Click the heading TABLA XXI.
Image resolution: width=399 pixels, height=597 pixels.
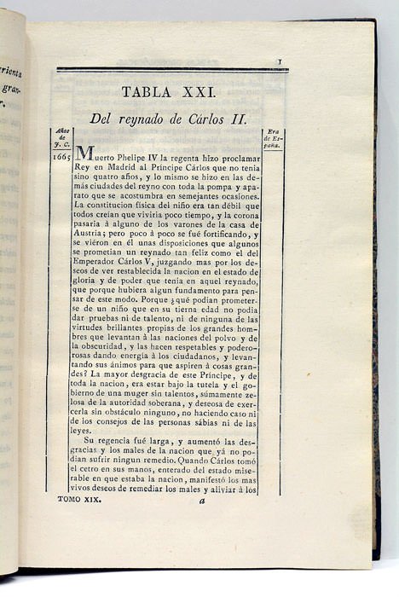[x=168, y=91]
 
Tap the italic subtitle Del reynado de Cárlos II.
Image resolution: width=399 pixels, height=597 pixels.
[x=168, y=119]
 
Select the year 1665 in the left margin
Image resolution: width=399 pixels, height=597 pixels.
[x=61, y=157]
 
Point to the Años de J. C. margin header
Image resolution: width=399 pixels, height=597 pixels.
[x=61, y=139]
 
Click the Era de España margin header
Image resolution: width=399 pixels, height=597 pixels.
[x=273, y=139]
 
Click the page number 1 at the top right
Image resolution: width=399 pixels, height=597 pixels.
[x=280, y=62]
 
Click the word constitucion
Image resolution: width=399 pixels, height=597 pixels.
[x=115, y=206]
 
